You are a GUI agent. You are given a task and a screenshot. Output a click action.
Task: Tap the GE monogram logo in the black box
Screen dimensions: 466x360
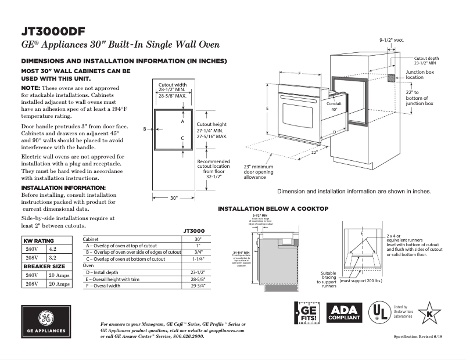(45, 319)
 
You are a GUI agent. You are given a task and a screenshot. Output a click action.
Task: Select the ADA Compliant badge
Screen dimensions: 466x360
(345, 313)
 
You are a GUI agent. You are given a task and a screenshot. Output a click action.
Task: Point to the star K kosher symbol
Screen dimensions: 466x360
(429, 313)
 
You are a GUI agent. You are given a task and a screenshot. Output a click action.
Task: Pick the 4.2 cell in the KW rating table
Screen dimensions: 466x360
(53, 249)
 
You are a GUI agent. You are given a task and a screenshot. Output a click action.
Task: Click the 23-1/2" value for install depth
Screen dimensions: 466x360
(198, 272)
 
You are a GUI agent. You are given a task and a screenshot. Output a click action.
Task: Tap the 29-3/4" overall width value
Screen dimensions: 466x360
(198, 285)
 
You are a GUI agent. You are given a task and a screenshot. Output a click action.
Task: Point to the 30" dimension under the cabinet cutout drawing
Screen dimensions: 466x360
(173, 198)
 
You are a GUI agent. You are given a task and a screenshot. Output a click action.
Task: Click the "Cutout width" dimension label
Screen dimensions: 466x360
(173, 84)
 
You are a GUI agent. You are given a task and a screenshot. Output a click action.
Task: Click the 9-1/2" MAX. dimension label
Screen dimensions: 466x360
(391, 41)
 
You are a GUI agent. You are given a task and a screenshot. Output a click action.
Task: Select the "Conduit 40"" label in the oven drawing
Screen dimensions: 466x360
(334, 106)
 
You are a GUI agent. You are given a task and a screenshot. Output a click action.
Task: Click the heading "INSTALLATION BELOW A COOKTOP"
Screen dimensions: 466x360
(273, 208)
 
